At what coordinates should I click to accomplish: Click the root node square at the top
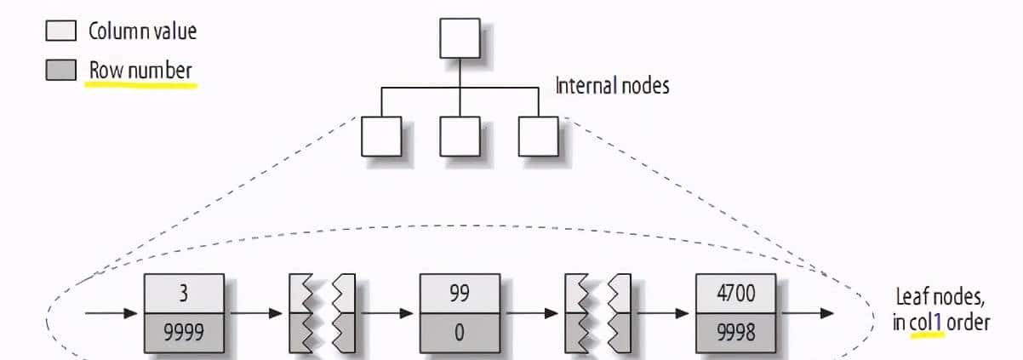point(460,37)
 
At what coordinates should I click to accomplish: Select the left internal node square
point(381,136)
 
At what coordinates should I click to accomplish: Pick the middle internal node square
point(460,136)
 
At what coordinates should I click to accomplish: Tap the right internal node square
point(538,136)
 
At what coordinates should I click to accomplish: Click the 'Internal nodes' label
point(612,86)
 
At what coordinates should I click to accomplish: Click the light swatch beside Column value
point(61,32)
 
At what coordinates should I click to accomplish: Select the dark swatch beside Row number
point(61,71)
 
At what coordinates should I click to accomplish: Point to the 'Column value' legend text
point(142,32)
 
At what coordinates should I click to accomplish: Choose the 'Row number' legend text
point(140,71)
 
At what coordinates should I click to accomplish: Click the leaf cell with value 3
point(184,294)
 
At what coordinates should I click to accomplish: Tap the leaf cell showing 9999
point(184,332)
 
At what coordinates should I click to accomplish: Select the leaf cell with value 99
point(460,294)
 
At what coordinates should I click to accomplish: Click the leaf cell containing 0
point(460,332)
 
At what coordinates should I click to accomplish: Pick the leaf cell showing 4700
point(735,294)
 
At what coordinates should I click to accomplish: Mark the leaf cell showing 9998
point(735,332)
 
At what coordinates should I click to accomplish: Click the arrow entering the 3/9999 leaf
point(111,313)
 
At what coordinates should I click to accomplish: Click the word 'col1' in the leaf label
point(928,323)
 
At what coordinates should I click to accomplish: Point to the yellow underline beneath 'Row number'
point(141,84)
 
